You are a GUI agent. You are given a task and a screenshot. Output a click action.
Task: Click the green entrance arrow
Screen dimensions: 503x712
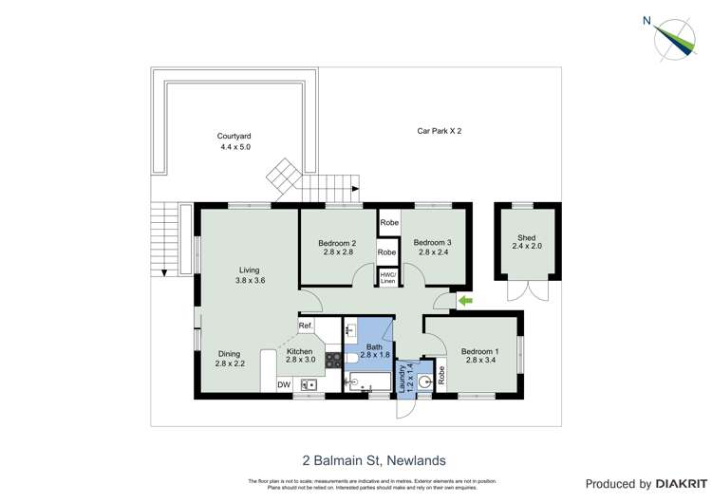464,302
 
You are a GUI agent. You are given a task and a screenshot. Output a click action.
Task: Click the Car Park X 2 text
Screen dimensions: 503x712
440,130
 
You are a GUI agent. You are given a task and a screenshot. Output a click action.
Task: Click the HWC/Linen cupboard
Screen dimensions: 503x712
387,277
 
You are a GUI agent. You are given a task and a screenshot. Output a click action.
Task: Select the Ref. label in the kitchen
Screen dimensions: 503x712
306,326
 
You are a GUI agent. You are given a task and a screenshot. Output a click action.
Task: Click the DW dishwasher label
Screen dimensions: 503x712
283,384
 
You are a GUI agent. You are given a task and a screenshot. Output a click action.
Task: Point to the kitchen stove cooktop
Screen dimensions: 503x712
333,360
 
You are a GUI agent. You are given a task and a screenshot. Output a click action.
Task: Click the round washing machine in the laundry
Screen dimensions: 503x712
424,382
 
